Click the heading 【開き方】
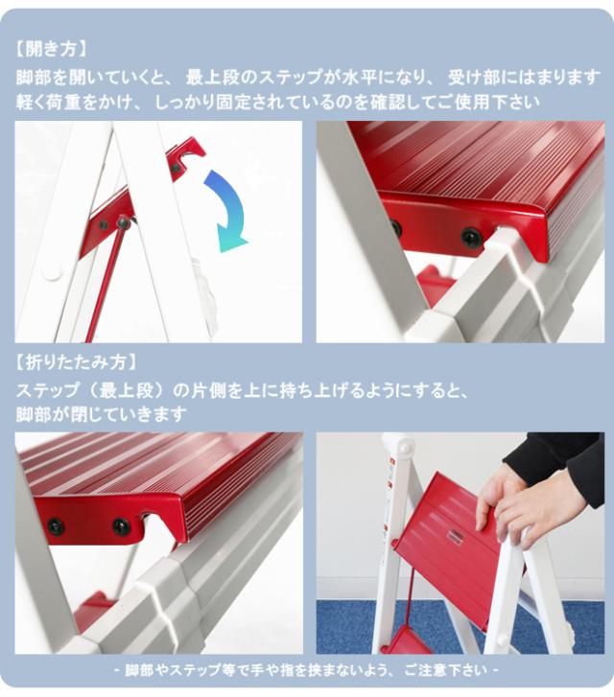click(52, 49)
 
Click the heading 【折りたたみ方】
click(76, 362)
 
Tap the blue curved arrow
click(227, 211)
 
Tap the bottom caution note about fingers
click(307, 670)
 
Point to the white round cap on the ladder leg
click(54, 271)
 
